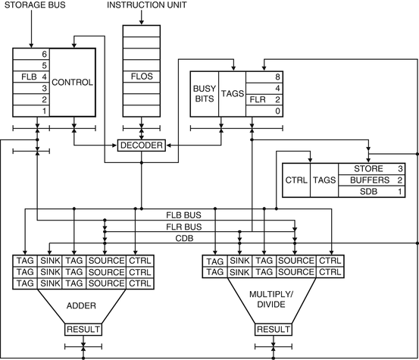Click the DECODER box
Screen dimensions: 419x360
(142, 145)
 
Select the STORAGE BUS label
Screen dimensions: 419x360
(35, 5)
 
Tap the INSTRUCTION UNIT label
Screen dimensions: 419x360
(147, 5)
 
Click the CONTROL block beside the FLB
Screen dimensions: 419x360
(73, 83)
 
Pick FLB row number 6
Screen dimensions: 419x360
(31, 55)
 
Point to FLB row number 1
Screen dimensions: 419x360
(31, 111)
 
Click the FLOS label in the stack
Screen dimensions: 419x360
(142, 77)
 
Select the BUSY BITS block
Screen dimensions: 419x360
(205, 94)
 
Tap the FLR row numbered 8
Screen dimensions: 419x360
(264, 77)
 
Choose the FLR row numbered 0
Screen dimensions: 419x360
(264, 111)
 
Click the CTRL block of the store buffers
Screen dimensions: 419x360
(296, 180)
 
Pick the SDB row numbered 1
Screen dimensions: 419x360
(372, 192)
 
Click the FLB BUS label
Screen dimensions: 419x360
(183, 215)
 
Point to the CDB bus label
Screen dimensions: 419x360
(184, 238)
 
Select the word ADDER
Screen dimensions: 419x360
(81, 305)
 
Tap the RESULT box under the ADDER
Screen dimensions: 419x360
(83, 329)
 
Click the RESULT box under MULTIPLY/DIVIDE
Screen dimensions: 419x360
(274, 329)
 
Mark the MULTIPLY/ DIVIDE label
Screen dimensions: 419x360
(271, 299)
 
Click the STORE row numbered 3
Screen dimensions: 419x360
(372, 169)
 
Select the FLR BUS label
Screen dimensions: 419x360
(184, 227)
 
